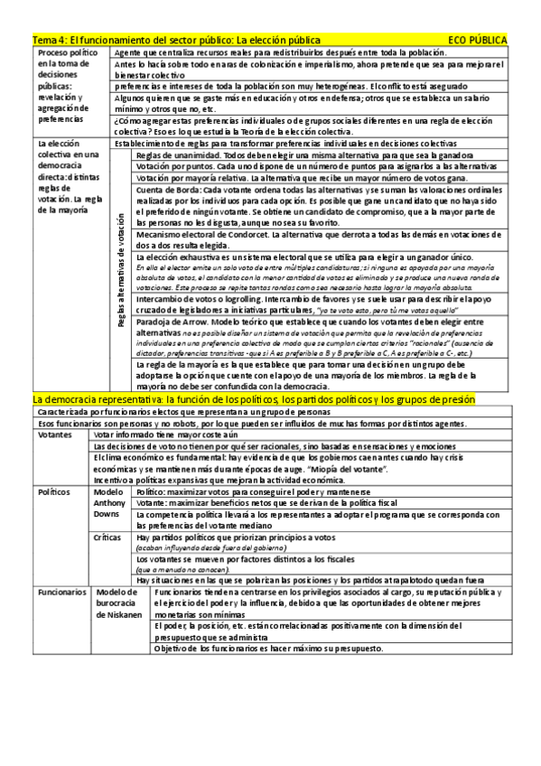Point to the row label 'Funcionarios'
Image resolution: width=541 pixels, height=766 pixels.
pos(61,593)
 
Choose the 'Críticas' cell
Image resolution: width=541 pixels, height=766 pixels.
pos(108,537)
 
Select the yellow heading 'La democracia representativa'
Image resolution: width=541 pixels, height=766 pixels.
pos(253,398)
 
